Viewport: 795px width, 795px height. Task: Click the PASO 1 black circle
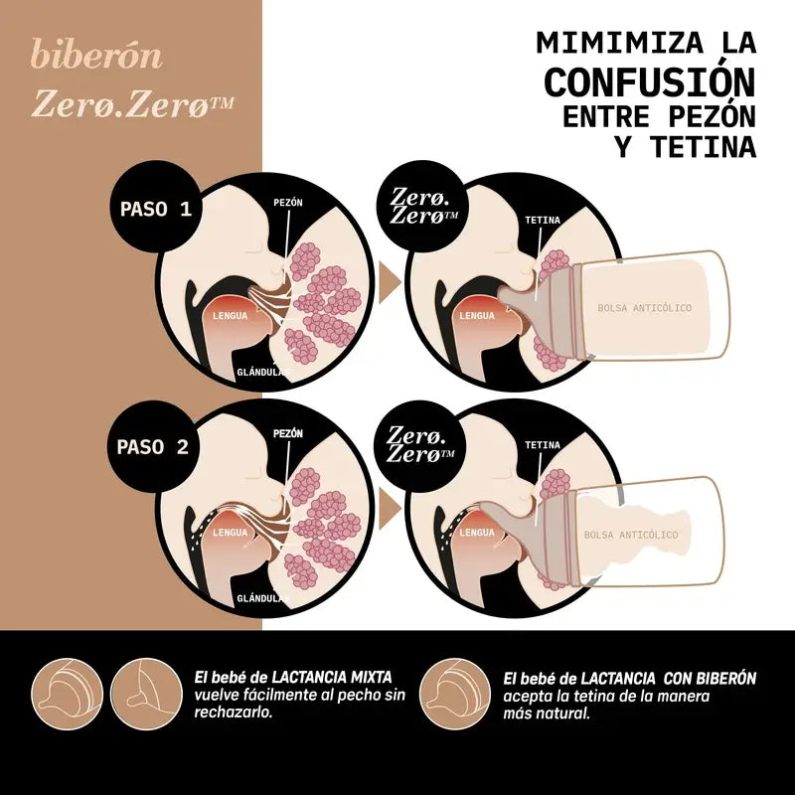coord(154,210)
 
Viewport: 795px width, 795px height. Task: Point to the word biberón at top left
coord(96,55)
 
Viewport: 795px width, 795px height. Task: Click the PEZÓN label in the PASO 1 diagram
coord(288,202)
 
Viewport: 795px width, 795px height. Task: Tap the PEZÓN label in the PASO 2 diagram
coord(287,434)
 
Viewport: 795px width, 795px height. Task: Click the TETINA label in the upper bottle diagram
coord(542,218)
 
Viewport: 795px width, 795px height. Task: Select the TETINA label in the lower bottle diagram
coord(542,445)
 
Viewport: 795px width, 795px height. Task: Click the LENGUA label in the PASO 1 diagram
coord(230,316)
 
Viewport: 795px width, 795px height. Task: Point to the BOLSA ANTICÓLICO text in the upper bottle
coord(644,308)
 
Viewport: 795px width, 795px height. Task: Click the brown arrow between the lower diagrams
coord(392,510)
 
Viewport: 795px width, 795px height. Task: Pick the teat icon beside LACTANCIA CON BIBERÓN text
coord(452,687)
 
